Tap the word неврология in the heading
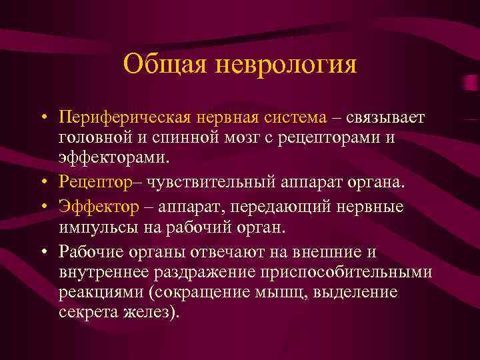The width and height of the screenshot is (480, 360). tap(287, 65)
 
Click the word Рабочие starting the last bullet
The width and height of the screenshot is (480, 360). tap(90, 251)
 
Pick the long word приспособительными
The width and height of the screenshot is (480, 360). tap(347, 272)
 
